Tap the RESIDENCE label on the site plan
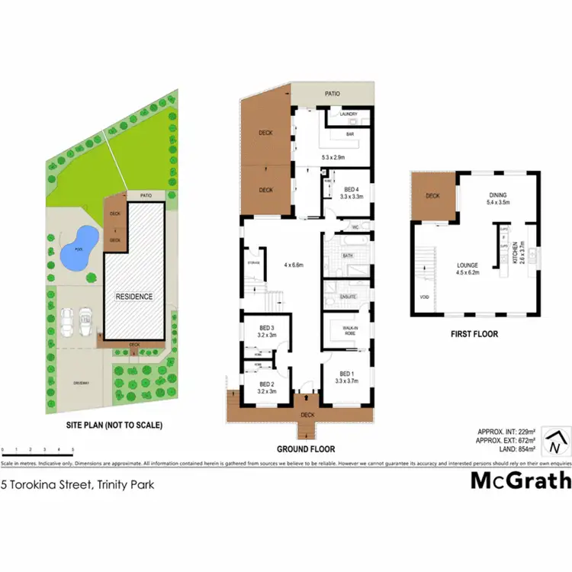(x=133, y=297)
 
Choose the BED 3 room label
(x=266, y=329)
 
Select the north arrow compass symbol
(x=558, y=440)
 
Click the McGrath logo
(x=519, y=480)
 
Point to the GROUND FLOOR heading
(x=305, y=449)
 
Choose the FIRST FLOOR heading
(x=475, y=333)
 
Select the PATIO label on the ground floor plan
(x=332, y=94)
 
